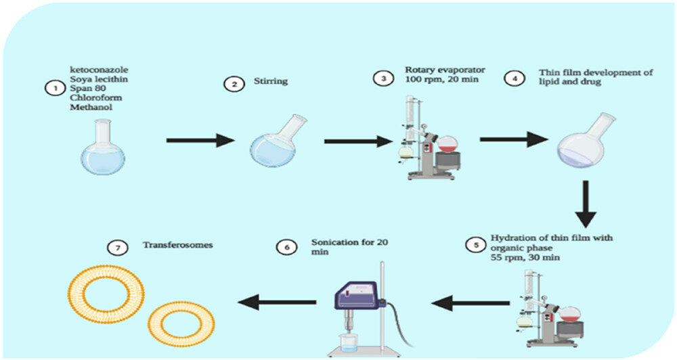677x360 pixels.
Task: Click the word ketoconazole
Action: (100, 70)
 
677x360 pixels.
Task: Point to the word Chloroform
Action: (95, 97)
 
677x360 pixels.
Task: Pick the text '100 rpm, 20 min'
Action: (441, 79)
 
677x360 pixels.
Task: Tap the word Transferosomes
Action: (178, 245)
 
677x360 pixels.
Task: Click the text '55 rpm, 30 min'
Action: (525, 258)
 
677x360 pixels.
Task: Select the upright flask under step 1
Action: (103, 148)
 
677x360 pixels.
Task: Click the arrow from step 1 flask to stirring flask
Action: (200, 140)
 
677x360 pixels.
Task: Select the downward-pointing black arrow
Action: (586, 204)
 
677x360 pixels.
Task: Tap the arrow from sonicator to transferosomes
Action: (277, 302)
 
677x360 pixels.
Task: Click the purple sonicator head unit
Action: (357, 295)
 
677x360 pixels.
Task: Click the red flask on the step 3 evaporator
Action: (447, 144)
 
